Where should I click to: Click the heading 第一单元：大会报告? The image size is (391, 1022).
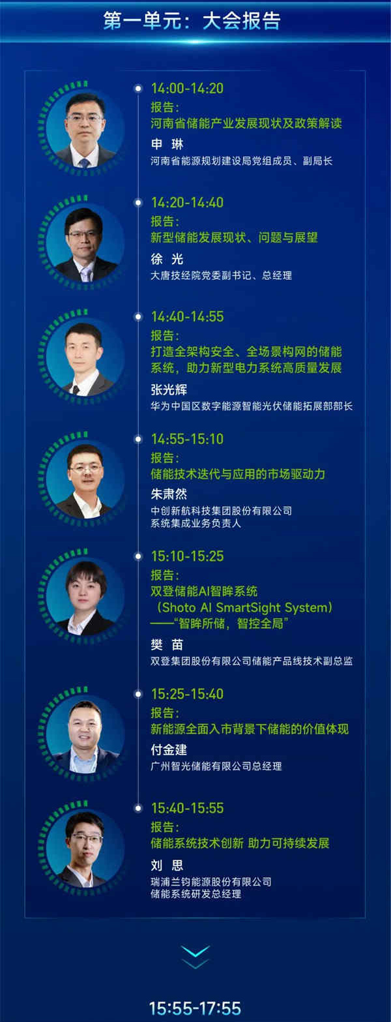pyautogui.click(x=192, y=20)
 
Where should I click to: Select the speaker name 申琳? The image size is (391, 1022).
pyautogui.click(x=167, y=144)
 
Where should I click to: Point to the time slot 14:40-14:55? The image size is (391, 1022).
pyautogui.click(x=187, y=316)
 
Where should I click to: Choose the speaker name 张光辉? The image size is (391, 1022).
pyautogui.click(x=168, y=390)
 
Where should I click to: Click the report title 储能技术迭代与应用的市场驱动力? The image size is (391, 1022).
pyautogui.click(x=237, y=474)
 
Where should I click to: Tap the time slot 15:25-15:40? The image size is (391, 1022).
pyautogui.click(x=187, y=694)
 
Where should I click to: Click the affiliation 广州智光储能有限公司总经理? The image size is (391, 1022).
pyautogui.click(x=216, y=766)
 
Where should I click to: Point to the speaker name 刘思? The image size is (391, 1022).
pyautogui.click(x=167, y=865)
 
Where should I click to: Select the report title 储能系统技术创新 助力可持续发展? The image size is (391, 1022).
pyautogui.click(x=240, y=843)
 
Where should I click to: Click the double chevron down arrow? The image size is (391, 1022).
pyautogui.click(x=195, y=957)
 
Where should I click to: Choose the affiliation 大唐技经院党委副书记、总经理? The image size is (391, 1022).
pyautogui.click(x=221, y=275)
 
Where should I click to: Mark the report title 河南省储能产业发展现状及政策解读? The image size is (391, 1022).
pyautogui.click(x=246, y=123)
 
